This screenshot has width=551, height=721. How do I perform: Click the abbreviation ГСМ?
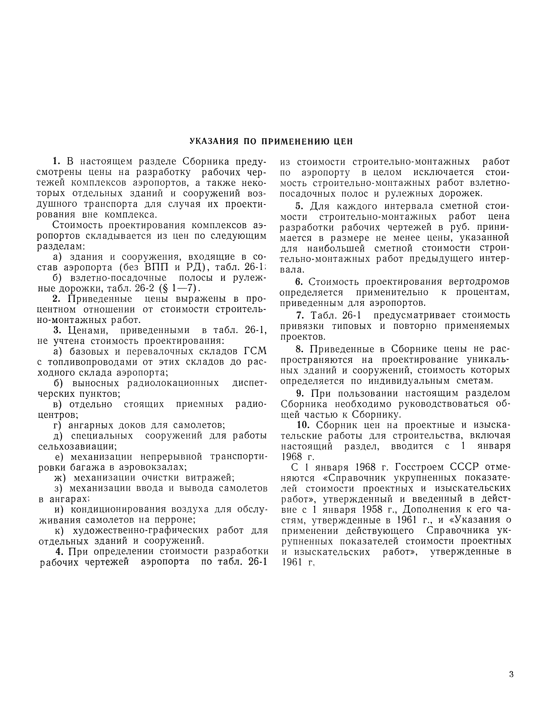pos(255,352)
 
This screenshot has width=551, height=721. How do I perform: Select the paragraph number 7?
pos(300,315)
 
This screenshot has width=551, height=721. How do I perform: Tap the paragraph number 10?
pos(304,425)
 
